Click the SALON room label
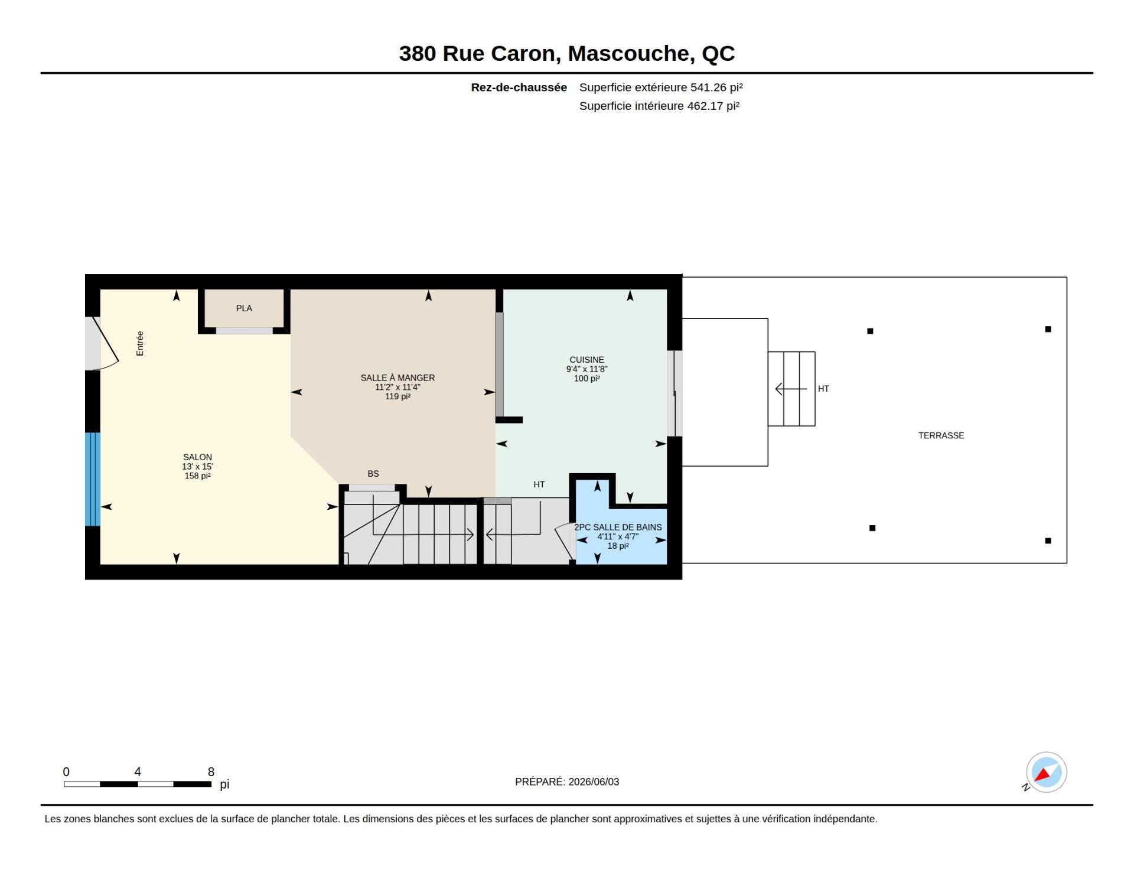(x=197, y=457)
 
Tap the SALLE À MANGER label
(x=397, y=378)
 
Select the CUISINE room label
(x=586, y=360)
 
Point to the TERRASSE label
(x=941, y=435)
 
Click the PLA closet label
(x=244, y=308)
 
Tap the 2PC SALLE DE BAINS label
(x=618, y=527)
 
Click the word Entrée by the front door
(x=140, y=343)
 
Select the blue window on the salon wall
(x=93, y=479)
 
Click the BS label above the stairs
(x=373, y=474)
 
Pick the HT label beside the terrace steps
(x=823, y=389)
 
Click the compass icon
(x=1046, y=772)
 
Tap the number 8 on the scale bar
(x=211, y=771)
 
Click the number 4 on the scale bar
(x=138, y=771)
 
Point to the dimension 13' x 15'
(x=197, y=467)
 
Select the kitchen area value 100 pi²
(x=586, y=379)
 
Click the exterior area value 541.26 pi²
(x=716, y=87)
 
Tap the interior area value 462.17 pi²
(x=713, y=106)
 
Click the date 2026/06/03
(x=594, y=781)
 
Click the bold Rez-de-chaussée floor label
(x=519, y=87)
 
